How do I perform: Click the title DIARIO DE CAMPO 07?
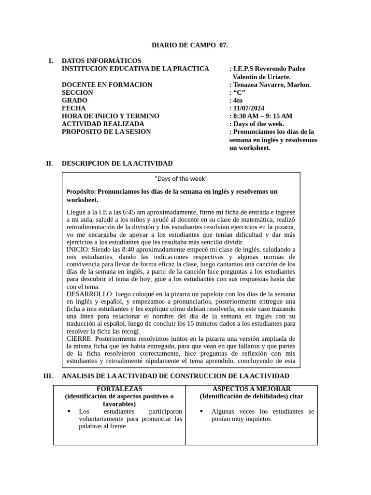[x=189, y=45]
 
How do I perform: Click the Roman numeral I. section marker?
[x=50, y=61]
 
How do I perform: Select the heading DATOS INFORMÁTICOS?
[x=101, y=61]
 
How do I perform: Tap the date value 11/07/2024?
[x=248, y=108]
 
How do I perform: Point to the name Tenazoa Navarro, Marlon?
[x=272, y=85]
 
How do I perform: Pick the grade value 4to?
[x=238, y=101]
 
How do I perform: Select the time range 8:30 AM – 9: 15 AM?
[x=263, y=116]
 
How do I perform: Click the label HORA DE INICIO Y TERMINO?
[x=110, y=116]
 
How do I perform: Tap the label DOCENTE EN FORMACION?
[x=107, y=85]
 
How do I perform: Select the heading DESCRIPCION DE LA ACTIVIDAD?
[x=117, y=163]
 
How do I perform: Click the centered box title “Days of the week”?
[x=181, y=179]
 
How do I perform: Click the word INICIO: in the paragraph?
[x=77, y=249]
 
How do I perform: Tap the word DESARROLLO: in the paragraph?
[x=89, y=294]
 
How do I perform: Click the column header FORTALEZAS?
[x=119, y=389]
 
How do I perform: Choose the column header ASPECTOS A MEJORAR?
[x=251, y=389]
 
